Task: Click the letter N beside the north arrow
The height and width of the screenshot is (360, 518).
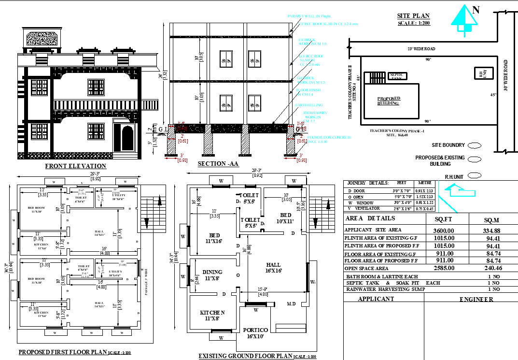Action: pos(476,9)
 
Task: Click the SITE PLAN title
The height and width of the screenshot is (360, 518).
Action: pos(413,16)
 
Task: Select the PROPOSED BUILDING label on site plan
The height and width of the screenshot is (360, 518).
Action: pos(389,101)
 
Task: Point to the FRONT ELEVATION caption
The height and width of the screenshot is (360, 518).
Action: pos(75,166)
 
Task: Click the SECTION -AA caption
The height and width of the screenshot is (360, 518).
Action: pos(218,164)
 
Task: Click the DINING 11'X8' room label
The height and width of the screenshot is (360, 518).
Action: pos(212,275)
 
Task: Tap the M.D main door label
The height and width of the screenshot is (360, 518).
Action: pos(291,304)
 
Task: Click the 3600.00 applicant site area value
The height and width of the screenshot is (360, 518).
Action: pos(444,230)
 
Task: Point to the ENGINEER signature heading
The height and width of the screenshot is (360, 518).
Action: pos(476,299)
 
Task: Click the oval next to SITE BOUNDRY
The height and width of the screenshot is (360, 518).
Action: pos(474,145)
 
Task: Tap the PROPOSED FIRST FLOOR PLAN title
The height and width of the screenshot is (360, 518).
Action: pos(63,352)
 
